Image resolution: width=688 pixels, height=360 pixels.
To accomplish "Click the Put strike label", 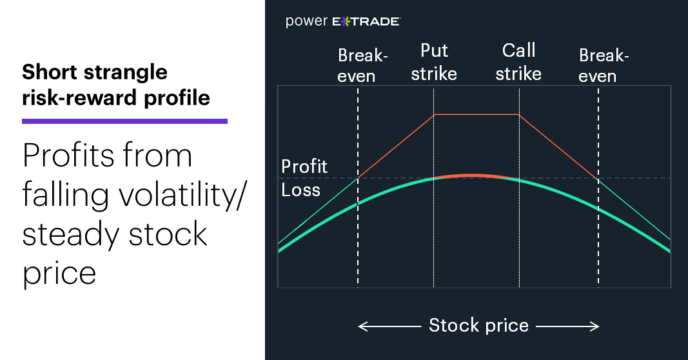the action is [434, 63].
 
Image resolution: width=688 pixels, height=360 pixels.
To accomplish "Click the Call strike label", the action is [518, 63].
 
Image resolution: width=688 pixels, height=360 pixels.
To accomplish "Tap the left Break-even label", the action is [362, 65].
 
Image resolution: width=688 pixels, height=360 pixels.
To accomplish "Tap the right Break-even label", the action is [604, 65].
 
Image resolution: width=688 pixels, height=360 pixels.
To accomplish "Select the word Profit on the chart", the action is [304, 167].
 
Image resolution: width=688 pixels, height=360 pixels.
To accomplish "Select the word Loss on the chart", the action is [300, 190].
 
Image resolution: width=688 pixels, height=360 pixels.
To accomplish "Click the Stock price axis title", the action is [478, 325].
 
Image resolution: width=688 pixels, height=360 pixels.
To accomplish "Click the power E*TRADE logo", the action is [342, 21].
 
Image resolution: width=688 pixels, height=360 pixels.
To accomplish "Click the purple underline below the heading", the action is [124, 121].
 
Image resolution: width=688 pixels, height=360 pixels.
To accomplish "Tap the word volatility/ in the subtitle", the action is [181, 195].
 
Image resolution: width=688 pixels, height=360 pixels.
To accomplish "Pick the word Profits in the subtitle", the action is [70, 155].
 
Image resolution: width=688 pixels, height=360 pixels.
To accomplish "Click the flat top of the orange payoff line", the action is [477, 115].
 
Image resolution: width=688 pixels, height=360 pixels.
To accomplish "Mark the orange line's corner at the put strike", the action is [435, 115].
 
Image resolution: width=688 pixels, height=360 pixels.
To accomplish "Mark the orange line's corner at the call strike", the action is [518, 115].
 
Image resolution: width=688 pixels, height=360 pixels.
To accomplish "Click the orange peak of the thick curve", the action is [472, 175].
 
